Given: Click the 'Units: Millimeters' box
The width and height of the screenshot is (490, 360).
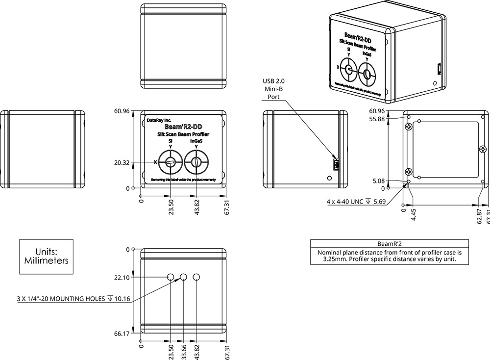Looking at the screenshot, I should click(46, 256).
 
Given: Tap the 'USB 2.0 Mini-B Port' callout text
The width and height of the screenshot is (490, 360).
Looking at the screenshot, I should click(273, 89).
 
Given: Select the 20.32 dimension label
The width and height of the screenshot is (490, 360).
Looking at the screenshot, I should click(122, 162).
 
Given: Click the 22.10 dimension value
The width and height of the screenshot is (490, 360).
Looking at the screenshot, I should click(122, 278).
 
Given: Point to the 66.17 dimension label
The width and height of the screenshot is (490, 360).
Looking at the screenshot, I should click(122, 333).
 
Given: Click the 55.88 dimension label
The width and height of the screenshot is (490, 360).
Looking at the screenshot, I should click(377, 119).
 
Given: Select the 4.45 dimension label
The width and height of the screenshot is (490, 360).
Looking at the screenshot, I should click(414, 214).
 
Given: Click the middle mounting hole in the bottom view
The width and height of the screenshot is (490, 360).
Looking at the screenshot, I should click(183, 278).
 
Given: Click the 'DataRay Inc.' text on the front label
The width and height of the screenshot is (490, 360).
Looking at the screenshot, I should click(159, 119).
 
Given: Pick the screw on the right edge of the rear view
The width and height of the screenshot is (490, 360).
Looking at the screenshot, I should click(482, 149).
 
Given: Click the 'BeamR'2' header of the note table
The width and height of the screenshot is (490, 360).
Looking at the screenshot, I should click(390, 243).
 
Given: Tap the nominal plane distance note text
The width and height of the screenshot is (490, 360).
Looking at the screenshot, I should click(390, 256).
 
